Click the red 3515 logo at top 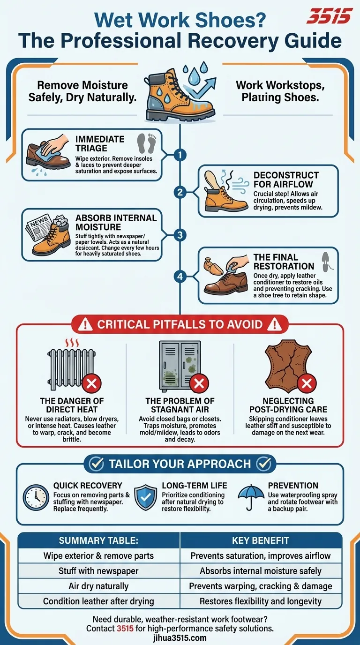tap(329, 17)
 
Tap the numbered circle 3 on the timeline tap(180, 234)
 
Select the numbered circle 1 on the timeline tap(180, 155)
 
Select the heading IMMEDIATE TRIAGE tap(100, 144)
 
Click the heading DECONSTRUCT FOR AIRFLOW tap(286, 180)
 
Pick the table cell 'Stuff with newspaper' tap(98, 571)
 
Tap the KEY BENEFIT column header tap(260, 540)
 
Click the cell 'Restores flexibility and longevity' tap(261, 601)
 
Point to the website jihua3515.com tap(180, 638)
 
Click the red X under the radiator tap(92, 384)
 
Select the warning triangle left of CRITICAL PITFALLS tap(85, 324)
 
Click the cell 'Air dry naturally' tap(98, 586)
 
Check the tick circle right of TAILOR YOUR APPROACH tap(264, 464)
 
